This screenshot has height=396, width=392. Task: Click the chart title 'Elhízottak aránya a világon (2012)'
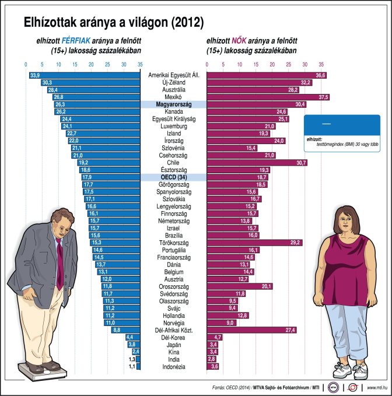113,23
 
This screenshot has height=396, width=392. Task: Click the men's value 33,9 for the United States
34,75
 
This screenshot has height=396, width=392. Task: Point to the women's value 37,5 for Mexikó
323,97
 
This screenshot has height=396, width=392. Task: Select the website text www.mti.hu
378,386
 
